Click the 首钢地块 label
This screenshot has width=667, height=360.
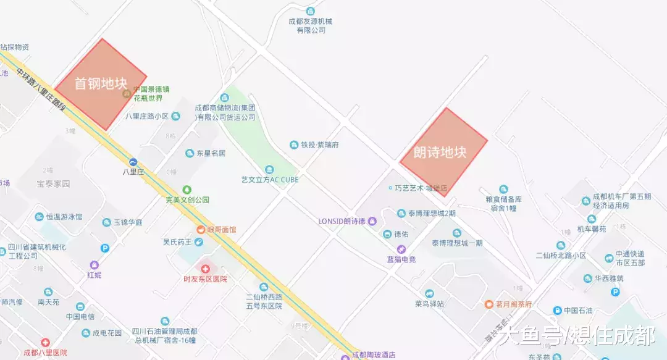click(101, 83)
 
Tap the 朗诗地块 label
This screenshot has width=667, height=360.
click(440, 153)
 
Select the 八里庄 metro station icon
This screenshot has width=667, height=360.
click(133, 162)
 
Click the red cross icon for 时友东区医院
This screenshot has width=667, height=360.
click(205, 269)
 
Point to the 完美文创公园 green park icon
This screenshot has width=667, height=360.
click(187, 190)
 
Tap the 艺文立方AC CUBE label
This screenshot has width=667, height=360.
click(270, 180)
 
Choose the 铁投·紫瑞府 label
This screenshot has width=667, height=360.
click(320, 145)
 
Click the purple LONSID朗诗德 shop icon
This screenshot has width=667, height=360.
click(372, 221)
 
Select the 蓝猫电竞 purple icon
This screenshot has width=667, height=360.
click(401, 249)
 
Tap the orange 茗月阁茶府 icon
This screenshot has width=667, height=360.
click(488, 304)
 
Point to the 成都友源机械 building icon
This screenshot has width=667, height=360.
click(310, 11)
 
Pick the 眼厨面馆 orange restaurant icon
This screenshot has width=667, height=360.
click(201, 230)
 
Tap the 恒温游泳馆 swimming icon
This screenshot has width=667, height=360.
click(39, 217)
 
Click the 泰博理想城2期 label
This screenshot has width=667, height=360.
click(432, 214)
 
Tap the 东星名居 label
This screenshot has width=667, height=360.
click(211, 153)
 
